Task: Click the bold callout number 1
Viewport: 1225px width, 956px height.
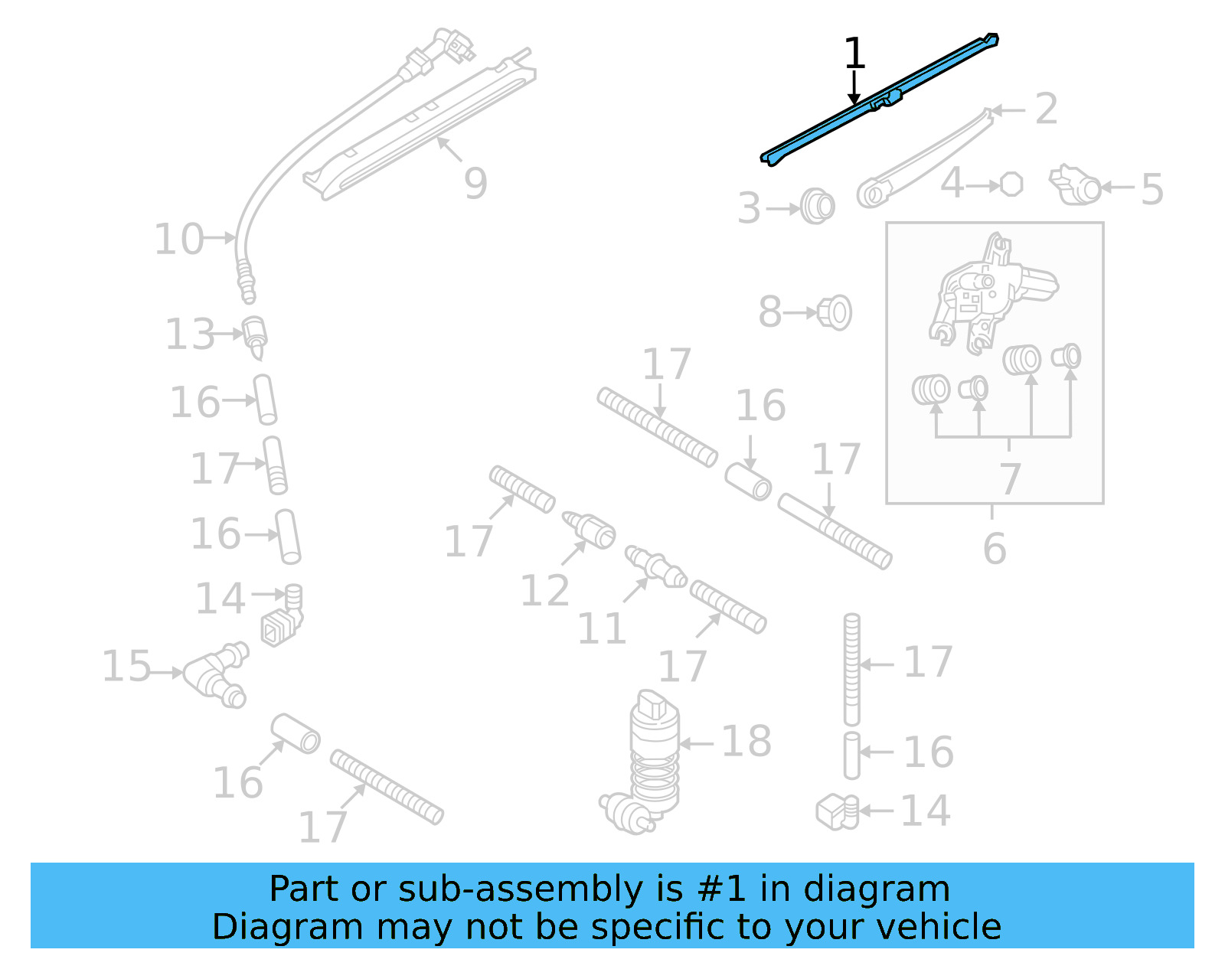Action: (x=854, y=54)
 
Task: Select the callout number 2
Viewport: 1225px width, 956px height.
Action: (x=1046, y=109)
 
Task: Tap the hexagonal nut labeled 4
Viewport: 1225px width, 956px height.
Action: (x=1011, y=184)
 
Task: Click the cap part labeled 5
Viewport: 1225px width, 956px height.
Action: (x=1076, y=186)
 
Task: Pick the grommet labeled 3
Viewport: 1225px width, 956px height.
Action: (x=817, y=207)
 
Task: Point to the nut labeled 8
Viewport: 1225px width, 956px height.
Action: (x=835, y=312)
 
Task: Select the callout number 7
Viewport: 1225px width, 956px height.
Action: (x=1010, y=478)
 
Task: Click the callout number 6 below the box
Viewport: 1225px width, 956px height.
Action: (x=994, y=548)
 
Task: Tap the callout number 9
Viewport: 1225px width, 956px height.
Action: (x=475, y=183)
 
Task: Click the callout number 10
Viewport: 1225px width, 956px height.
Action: (x=179, y=239)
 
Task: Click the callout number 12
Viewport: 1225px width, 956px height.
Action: (x=544, y=590)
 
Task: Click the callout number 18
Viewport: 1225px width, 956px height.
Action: (x=746, y=741)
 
